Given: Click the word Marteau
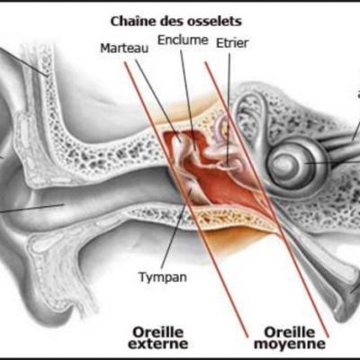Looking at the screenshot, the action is [124, 48].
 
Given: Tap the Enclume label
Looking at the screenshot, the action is [183, 40].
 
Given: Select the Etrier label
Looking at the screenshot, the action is [232, 43].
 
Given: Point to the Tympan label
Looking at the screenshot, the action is [163, 276].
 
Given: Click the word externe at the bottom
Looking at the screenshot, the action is [158, 344].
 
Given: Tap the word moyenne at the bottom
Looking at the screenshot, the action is [290, 344].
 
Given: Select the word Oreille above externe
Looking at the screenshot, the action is [158, 332].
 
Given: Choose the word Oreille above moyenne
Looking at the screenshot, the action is [290, 332].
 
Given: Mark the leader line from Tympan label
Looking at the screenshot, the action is [177, 229].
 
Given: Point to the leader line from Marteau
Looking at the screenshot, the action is [158, 100].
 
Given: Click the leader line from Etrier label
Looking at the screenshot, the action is [229, 109].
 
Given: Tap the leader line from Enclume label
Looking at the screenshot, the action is [188, 99].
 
